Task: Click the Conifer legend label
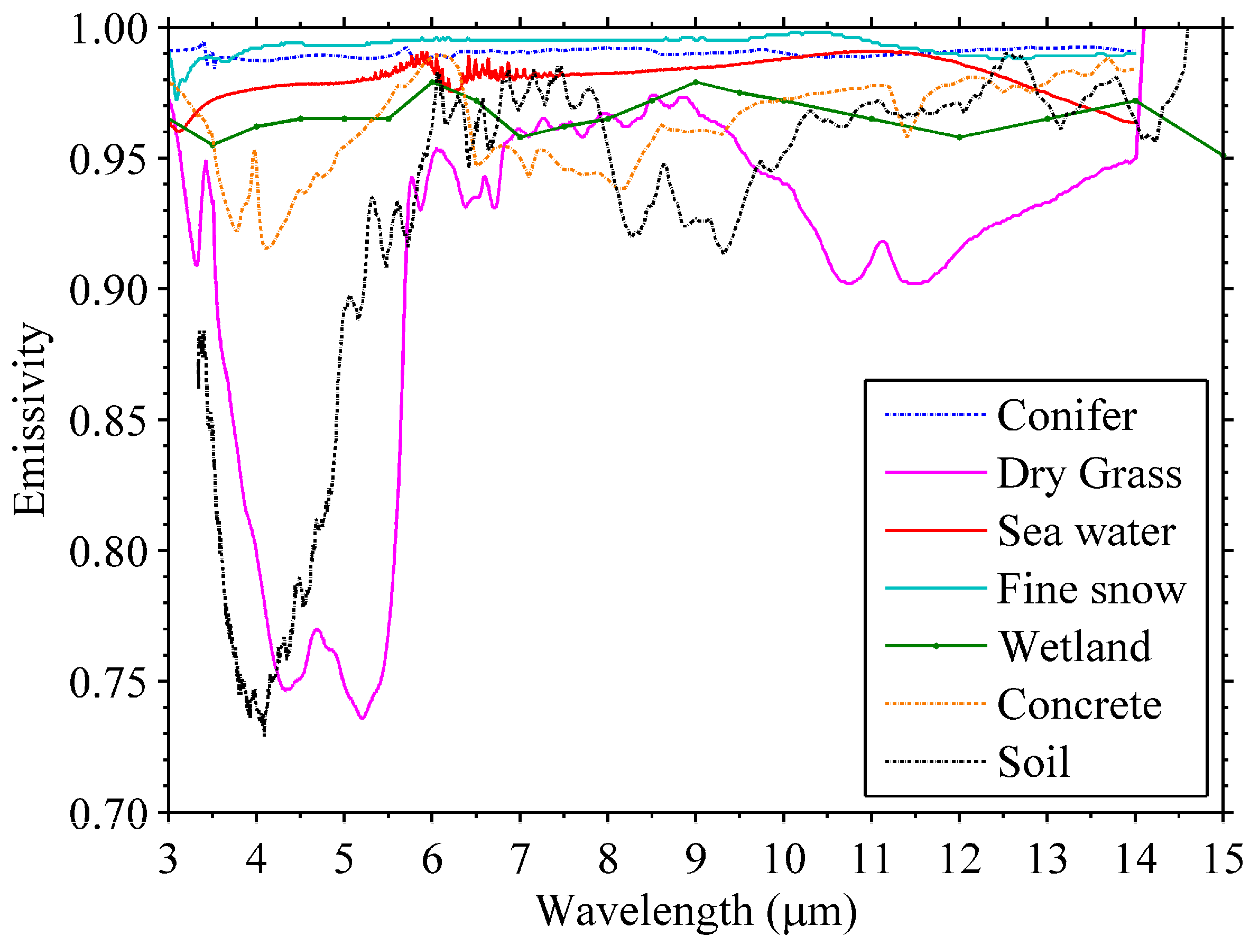[x=1067, y=416]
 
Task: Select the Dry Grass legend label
[x=1089, y=474]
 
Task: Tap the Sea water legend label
[x=1086, y=531]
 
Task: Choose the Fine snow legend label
[x=1090, y=589]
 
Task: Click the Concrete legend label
[x=1079, y=705]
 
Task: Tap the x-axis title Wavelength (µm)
[x=696, y=911]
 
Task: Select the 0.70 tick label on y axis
[x=108, y=815]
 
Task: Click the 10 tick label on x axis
[x=784, y=860]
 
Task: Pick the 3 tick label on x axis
[x=169, y=860]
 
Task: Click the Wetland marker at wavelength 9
[x=696, y=82]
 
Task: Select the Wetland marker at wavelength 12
[x=959, y=137]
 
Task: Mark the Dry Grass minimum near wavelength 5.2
[x=362, y=718]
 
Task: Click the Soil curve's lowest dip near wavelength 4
[x=264, y=733]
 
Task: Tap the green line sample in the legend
[x=936, y=646]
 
